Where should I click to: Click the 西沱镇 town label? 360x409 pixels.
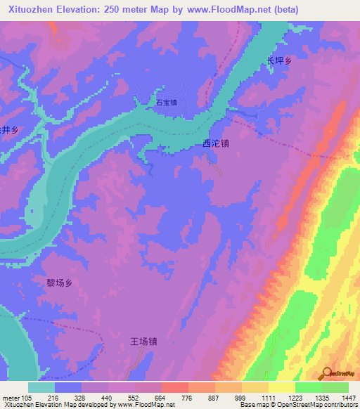(x=215, y=143)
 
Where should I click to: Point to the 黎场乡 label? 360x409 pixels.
(x=60, y=283)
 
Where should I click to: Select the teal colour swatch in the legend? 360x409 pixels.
(x=41, y=387)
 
